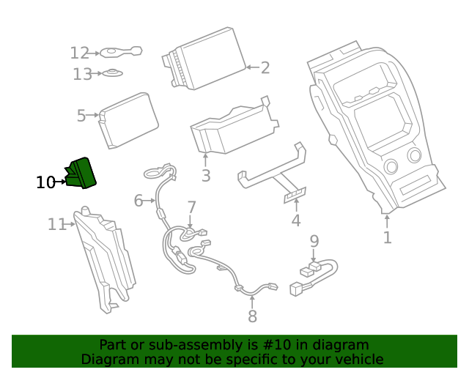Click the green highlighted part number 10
[x=81, y=174]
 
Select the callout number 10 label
[x=45, y=182]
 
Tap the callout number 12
[x=79, y=53]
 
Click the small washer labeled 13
[x=111, y=73]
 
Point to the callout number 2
[x=265, y=68]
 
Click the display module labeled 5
[x=130, y=121]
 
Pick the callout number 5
[x=81, y=115]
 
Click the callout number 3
[x=206, y=176]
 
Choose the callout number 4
[x=296, y=220]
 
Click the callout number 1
[x=387, y=237]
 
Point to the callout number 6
[x=139, y=200]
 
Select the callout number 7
[x=191, y=207]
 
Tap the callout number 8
[x=252, y=316]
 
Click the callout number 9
[x=314, y=240]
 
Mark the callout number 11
[x=56, y=225]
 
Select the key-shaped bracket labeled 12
[x=121, y=52]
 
